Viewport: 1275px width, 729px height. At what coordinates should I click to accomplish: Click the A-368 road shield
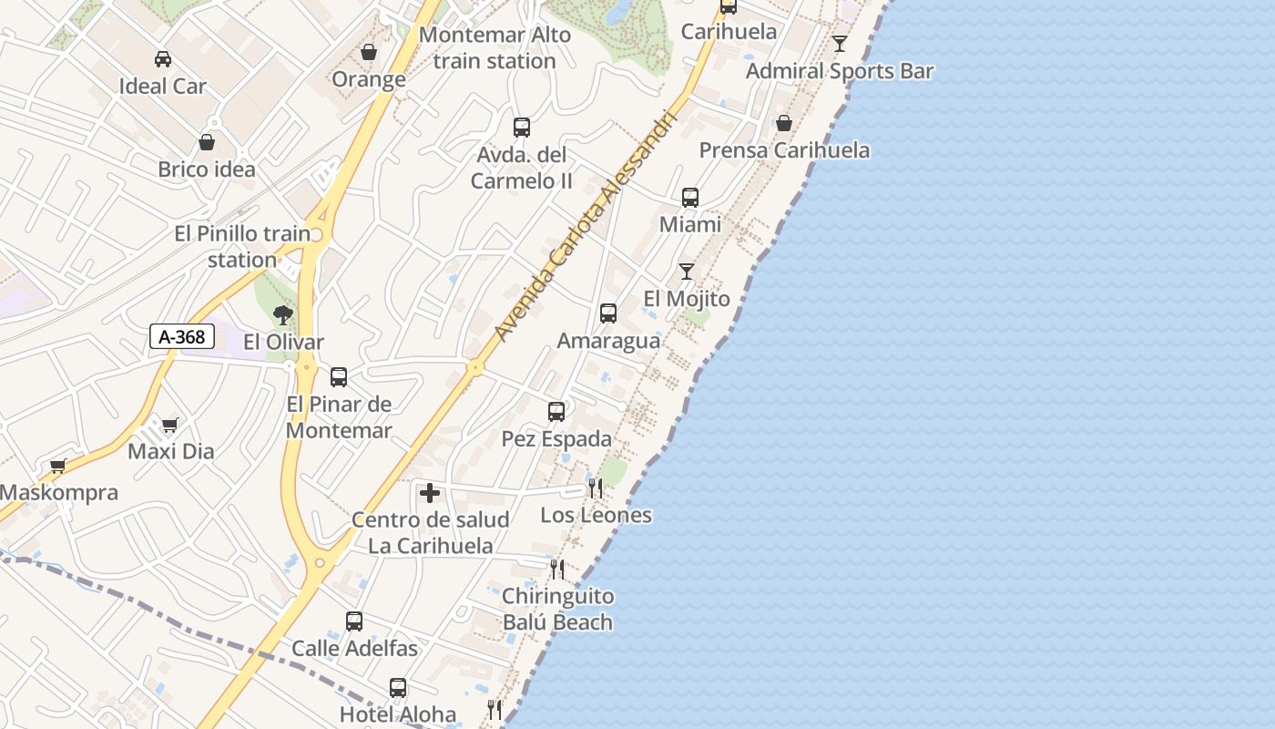click(x=182, y=337)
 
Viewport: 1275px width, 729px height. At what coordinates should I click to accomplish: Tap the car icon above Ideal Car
click(x=163, y=59)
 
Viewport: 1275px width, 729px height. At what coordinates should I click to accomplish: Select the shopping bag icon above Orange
click(x=369, y=52)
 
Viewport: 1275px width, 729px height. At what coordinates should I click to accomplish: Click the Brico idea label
click(x=207, y=169)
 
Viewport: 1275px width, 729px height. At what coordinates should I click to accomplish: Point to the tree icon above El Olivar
click(x=283, y=315)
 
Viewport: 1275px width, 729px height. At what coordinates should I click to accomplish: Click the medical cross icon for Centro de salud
click(x=430, y=494)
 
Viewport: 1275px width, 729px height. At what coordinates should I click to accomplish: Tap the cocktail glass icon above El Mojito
click(x=687, y=272)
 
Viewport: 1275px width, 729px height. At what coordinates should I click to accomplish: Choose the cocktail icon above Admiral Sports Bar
click(x=840, y=44)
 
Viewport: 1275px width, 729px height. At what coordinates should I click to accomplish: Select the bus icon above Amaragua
click(x=608, y=313)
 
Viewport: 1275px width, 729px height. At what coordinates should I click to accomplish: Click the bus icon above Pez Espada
click(x=556, y=412)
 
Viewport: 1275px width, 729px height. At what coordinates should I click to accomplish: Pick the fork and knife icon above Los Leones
click(x=596, y=488)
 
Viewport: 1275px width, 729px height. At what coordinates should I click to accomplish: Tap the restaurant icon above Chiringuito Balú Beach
click(x=557, y=570)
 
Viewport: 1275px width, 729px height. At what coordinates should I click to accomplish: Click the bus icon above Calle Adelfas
click(x=354, y=621)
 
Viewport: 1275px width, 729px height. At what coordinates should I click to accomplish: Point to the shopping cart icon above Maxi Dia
click(x=170, y=425)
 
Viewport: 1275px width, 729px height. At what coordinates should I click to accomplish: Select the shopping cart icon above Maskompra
click(x=58, y=466)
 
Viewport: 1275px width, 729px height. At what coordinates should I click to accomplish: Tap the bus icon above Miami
click(x=690, y=198)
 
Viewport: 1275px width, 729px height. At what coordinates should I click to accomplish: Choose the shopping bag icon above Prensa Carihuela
click(x=784, y=123)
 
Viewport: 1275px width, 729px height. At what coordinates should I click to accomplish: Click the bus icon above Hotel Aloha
click(x=398, y=688)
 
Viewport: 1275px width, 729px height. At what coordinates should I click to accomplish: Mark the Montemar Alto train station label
click(x=495, y=48)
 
